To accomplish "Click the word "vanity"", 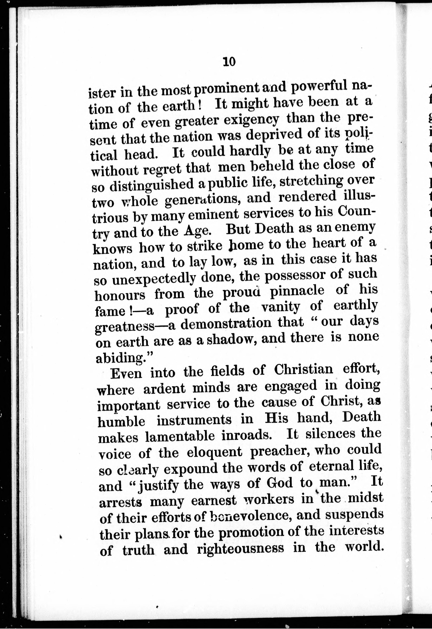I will tap(280, 308).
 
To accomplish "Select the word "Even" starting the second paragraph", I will tap(126, 373).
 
